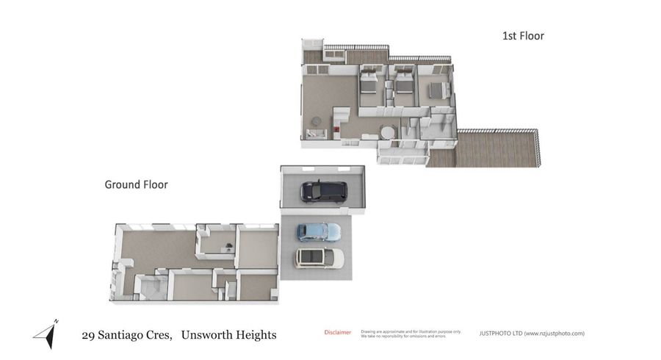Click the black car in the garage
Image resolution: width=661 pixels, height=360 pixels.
pyautogui.click(x=323, y=191)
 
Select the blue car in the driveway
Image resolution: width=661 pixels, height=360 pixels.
pyautogui.click(x=318, y=232)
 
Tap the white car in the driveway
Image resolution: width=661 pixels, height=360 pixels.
pyautogui.click(x=319, y=258)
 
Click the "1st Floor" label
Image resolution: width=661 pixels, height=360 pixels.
pyautogui.click(x=522, y=35)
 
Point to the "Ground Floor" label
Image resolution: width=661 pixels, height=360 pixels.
pyautogui.click(x=136, y=184)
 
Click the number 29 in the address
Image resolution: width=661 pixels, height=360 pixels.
pyautogui.click(x=88, y=335)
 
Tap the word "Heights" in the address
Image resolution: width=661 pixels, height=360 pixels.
pyautogui.click(x=253, y=335)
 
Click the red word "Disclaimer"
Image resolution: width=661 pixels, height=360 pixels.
pyautogui.click(x=337, y=333)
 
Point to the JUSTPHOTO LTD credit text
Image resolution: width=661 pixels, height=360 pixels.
pyautogui.click(x=531, y=334)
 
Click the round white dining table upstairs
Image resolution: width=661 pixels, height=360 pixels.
pyautogui.click(x=387, y=132)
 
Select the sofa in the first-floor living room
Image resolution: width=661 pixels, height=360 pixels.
pyautogui.click(x=317, y=134)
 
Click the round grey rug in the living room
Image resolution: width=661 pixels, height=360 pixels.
pyautogui.click(x=317, y=121)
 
